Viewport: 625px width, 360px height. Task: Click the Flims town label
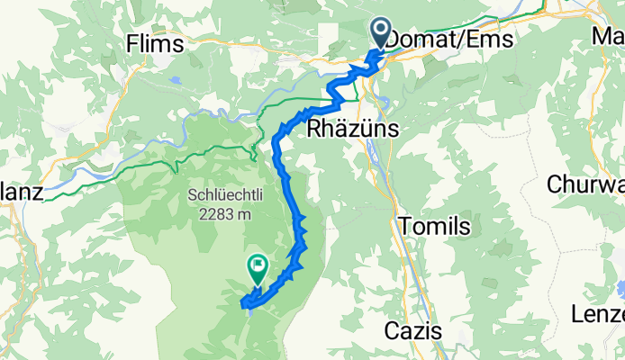[x=155, y=42]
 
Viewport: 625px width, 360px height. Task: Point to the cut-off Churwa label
[x=586, y=184]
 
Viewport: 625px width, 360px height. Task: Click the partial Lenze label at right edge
[x=599, y=315]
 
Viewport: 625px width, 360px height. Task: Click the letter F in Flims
[x=133, y=42]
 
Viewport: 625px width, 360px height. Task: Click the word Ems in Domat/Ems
[x=494, y=40]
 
